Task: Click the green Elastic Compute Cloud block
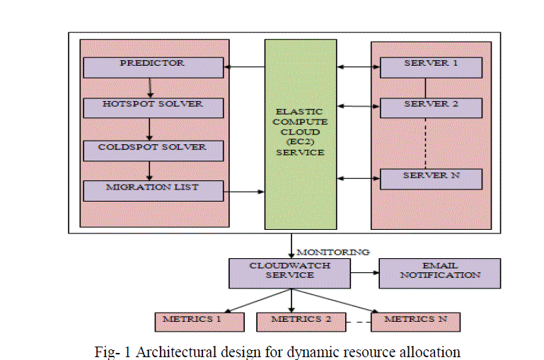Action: point(301,134)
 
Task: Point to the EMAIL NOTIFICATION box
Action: point(439,273)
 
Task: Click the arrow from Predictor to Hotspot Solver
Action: point(150,88)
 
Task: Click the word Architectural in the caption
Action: point(163,352)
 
